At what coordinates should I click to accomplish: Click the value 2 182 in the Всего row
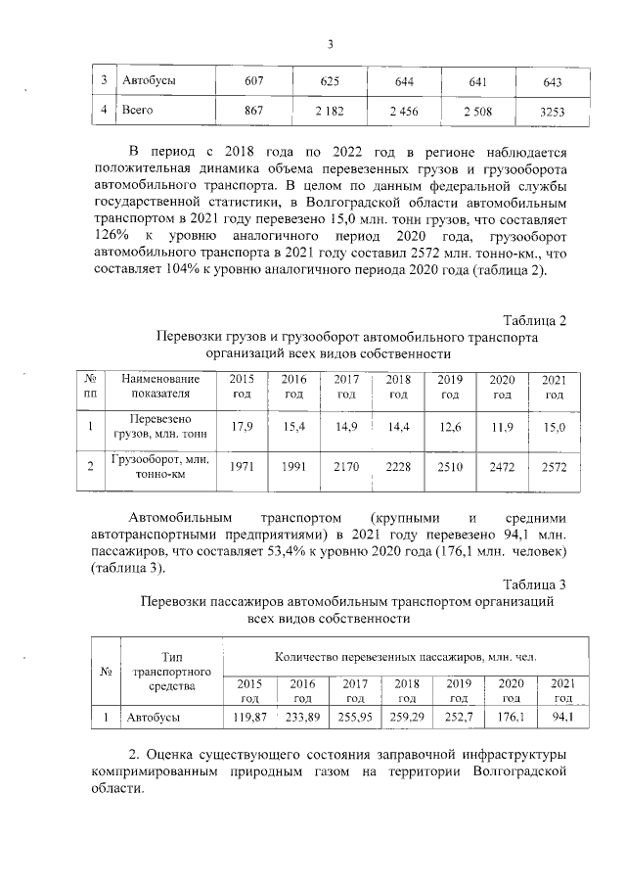click(327, 113)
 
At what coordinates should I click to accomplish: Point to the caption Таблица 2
click(535, 320)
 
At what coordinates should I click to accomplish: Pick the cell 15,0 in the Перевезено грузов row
click(554, 426)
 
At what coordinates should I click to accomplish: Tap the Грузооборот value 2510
click(450, 467)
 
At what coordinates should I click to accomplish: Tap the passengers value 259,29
click(407, 718)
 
